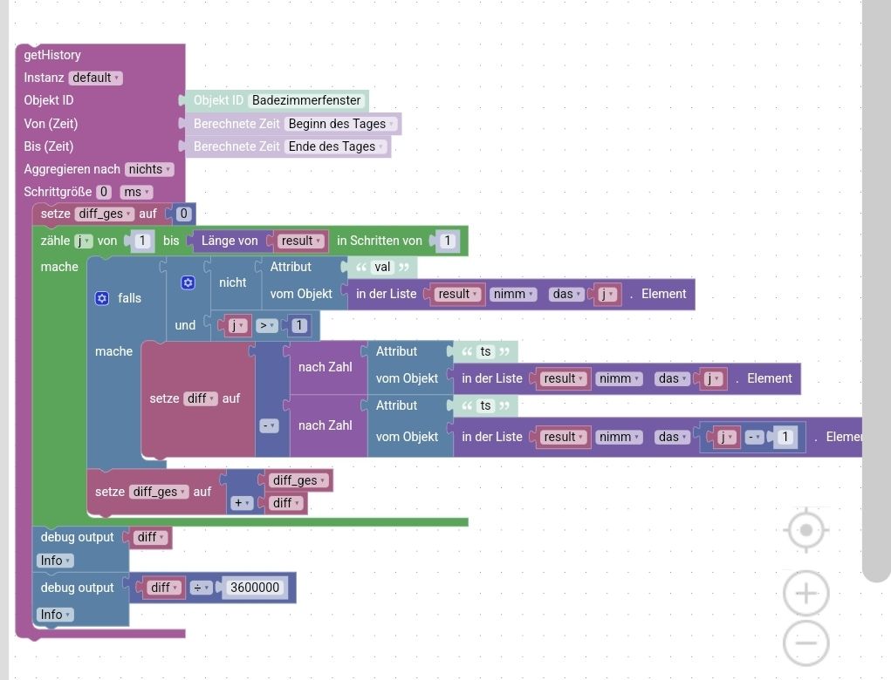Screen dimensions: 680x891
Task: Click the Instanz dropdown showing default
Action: click(95, 78)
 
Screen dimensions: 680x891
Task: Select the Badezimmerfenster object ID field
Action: click(306, 100)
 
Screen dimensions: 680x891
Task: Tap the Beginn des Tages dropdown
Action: click(341, 124)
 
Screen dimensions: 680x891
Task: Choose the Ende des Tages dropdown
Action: click(336, 146)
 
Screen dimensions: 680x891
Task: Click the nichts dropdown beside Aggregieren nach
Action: click(149, 169)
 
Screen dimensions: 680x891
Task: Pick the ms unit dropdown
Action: click(136, 192)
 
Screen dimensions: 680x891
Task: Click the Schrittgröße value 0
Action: click(104, 192)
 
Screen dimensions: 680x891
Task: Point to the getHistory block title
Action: click(52, 55)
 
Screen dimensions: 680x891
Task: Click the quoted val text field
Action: click(382, 267)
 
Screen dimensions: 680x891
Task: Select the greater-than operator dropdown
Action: click(266, 325)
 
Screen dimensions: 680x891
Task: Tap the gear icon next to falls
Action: click(102, 298)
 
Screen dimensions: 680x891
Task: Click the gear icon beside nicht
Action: click(188, 282)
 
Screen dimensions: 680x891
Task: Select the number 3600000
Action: click(254, 588)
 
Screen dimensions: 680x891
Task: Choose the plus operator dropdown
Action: click(240, 503)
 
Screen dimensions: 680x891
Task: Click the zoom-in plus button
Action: click(805, 594)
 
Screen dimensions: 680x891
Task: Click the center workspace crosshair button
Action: click(805, 530)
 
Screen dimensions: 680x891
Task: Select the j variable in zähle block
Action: click(83, 241)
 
